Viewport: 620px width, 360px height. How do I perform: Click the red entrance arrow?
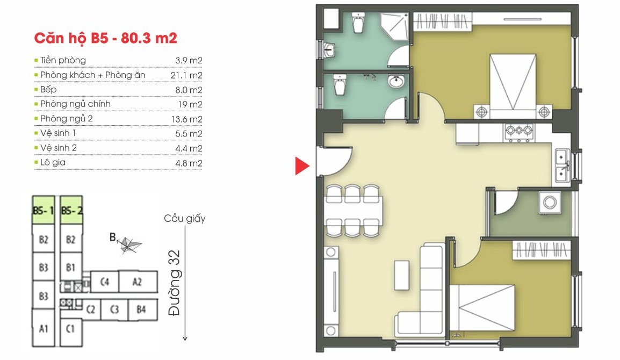click(x=301, y=165)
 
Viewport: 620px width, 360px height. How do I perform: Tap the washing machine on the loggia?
click(x=550, y=203)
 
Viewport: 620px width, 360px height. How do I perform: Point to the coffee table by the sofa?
click(x=401, y=275)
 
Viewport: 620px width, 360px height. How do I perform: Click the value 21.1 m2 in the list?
click(x=186, y=75)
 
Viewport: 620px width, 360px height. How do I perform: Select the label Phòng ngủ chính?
click(x=75, y=104)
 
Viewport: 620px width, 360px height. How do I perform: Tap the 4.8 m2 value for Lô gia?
click(x=189, y=163)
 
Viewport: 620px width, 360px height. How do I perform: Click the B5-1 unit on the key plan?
click(x=43, y=210)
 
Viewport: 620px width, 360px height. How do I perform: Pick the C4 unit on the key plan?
click(x=104, y=282)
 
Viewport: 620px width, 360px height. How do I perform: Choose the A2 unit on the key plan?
click(x=138, y=282)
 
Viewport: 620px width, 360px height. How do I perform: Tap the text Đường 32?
click(x=174, y=283)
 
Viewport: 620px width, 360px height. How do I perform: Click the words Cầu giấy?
click(x=185, y=218)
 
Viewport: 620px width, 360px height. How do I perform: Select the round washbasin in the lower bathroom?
click(x=396, y=82)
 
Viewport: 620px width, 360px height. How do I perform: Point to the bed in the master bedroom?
click(x=513, y=86)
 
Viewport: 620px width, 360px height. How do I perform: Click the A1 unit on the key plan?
click(x=44, y=328)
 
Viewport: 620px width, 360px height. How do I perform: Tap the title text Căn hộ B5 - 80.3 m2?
click(x=106, y=38)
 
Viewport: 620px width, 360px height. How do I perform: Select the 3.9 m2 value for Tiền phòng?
click(x=189, y=61)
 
